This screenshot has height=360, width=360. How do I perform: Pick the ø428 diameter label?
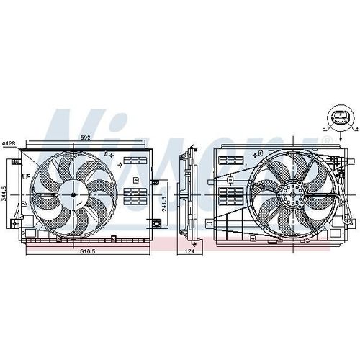9,143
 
